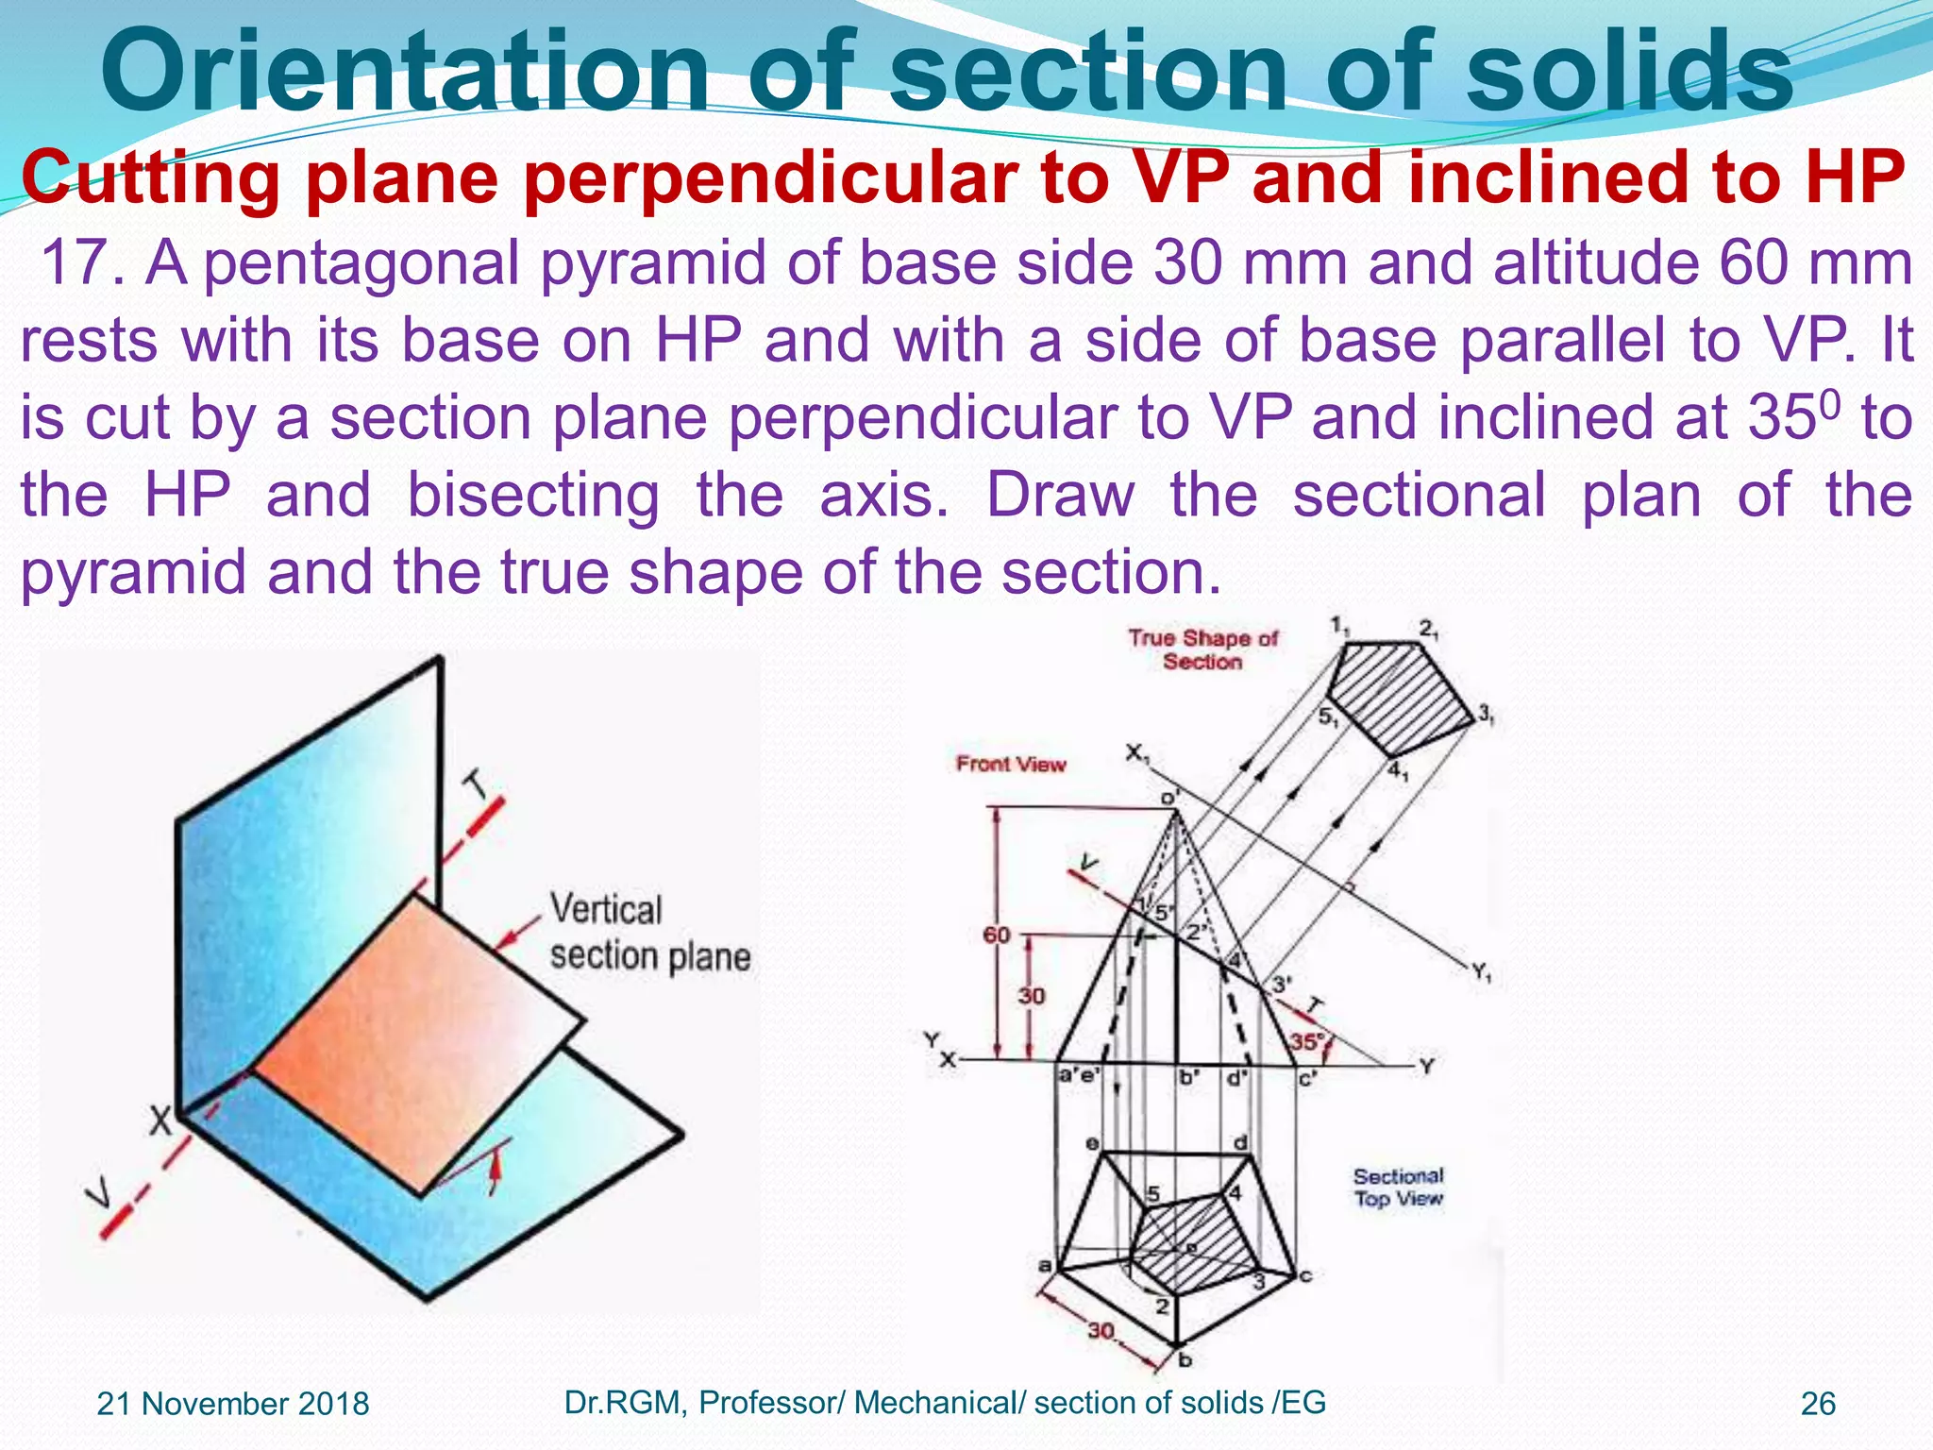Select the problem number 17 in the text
tap(78, 263)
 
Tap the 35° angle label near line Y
tap(1307, 1042)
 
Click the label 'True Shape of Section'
tap(1202, 649)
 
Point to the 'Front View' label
tap(1010, 764)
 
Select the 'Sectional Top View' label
tap(1398, 1187)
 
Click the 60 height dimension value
tap(996, 935)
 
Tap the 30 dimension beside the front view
tap(1031, 995)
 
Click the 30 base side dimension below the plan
tap(1101, 1331)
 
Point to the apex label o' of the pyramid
tap(1169, 798)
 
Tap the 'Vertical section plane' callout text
tap(649, 933)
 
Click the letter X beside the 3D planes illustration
tap(161, 1121)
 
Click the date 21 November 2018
tap(233, 1404)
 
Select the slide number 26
tap(1817, 1404)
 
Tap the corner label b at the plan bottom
tap(1185, 1360)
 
